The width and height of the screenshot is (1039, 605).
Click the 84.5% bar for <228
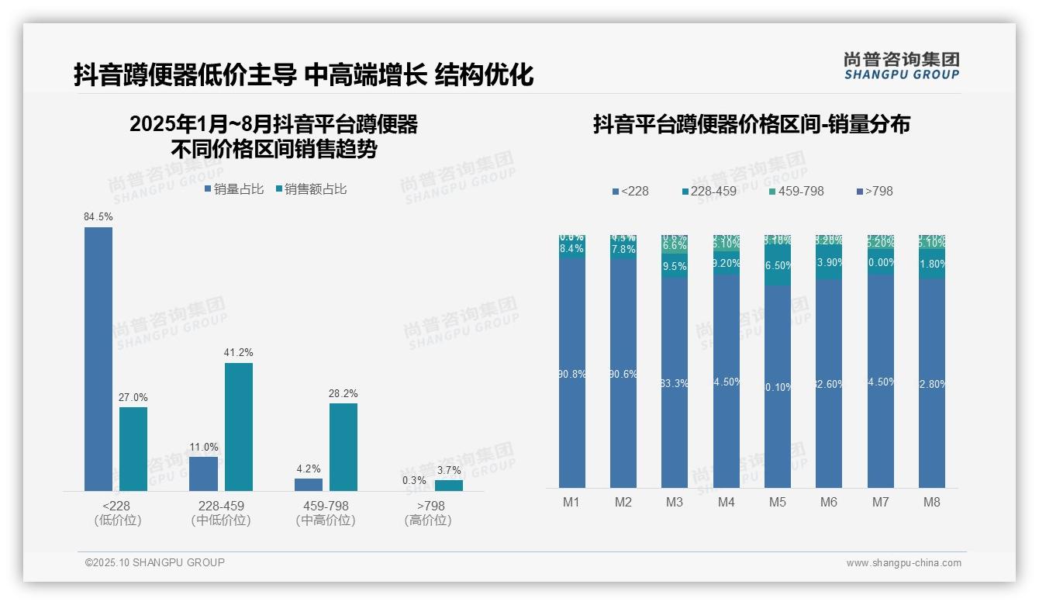tap(98, 358)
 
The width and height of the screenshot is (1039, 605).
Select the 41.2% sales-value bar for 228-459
tap(239, 427)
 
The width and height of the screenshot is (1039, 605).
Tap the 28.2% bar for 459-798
tap(343, 447)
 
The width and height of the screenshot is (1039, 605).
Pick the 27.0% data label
tap(133, 398)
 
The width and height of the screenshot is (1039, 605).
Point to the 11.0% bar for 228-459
tap(203, 473)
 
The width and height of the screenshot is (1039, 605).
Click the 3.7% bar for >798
tap(448, 486)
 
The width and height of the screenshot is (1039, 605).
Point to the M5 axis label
tap(777, 503)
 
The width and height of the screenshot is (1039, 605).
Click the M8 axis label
tap(931, 503)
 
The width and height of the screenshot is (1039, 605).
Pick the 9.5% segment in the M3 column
tap(675, 265)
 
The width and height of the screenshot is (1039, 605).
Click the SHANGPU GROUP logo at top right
tap(901, 66)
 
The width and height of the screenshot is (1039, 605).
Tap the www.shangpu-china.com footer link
tap(903, 563)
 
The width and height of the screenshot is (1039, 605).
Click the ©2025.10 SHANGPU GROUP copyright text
tap(155, 562)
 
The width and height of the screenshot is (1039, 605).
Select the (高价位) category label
tap(427, 520)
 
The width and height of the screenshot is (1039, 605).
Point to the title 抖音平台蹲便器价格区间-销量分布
tap(751, 124)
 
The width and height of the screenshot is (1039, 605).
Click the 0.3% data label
tap(414, 480)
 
